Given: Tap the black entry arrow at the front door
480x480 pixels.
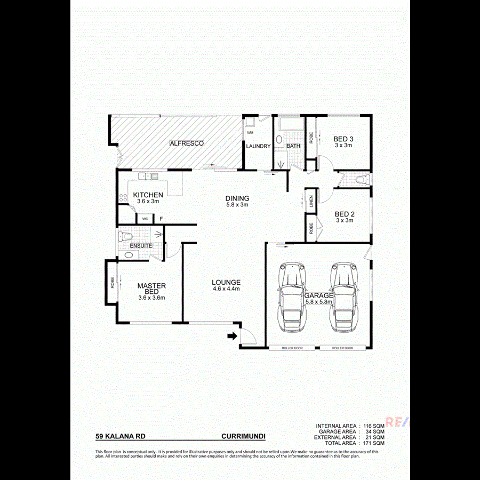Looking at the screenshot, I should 232,336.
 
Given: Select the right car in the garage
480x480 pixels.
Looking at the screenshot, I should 344,297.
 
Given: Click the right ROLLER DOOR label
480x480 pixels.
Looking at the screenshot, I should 342,348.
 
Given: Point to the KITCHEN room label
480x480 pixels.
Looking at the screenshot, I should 148,195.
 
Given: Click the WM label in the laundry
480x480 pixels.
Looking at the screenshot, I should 250,132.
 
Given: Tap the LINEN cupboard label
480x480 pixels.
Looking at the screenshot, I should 311,202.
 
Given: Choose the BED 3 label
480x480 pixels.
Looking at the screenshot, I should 343,139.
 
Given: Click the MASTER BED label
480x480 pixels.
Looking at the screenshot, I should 151,289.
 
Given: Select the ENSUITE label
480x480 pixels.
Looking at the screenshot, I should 141,245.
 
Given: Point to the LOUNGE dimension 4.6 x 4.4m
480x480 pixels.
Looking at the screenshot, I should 226,289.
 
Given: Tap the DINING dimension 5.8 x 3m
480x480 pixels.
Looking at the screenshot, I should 237,205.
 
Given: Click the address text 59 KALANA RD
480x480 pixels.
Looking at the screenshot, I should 121,436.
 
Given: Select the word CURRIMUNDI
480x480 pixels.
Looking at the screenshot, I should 243,436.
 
